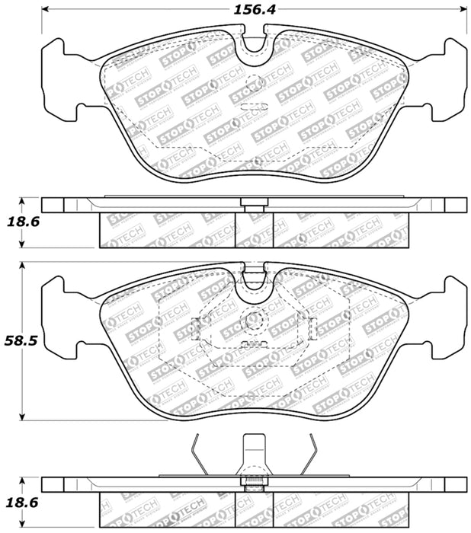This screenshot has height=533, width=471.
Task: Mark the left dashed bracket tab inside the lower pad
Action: point(196,327)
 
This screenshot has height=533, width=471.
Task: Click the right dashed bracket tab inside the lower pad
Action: point(309,327)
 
